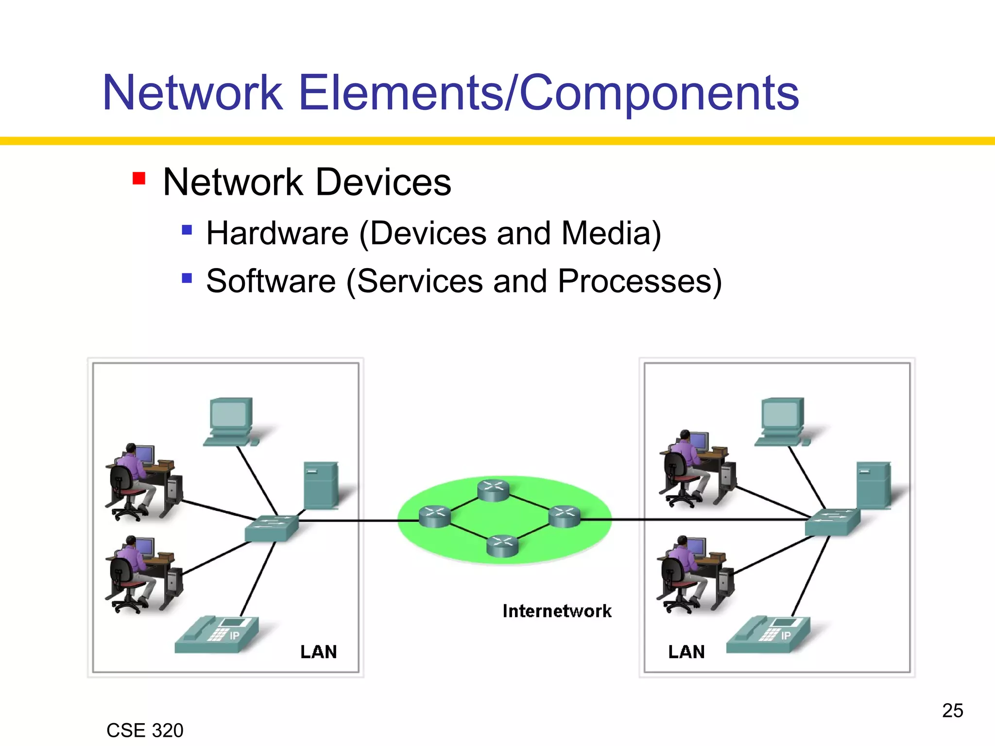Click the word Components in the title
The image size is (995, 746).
click(x=659, y=94)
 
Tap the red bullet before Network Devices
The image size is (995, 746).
click(x=139, y=178)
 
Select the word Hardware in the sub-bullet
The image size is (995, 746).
click(x=277, y=233)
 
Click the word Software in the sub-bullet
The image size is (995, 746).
click(x=271, y=281)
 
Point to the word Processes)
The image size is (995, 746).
click(x=639, y=281)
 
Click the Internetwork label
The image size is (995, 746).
click(x=557, y=611)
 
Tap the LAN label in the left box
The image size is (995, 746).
click(x=318, y=652)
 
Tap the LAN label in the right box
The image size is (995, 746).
click(x=686, y=652)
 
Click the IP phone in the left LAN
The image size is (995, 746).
click(x=217, y=635)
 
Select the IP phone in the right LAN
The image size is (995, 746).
click(x=769, y=635)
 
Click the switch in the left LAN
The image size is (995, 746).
click(x=271, y=528)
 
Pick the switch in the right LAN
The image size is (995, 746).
click(x=832, y=522)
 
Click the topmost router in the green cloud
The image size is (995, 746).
click(x=493, y=490)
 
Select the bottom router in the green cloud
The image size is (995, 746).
click(x=502, y=545)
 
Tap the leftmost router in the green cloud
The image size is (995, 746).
click(x=434, y=516)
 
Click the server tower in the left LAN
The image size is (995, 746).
click(x=321, y=485)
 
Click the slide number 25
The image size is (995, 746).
click(x=952, y=711)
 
